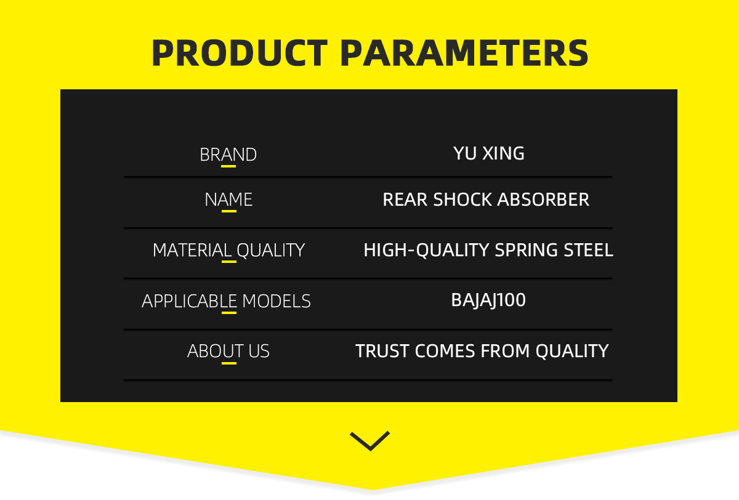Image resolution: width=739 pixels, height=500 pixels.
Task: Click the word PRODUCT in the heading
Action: [240, 53]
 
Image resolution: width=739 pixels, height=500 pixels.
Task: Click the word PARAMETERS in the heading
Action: [464, 53]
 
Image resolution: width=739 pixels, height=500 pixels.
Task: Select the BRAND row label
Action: [228, 155]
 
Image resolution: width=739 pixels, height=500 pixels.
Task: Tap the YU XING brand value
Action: [488, 153]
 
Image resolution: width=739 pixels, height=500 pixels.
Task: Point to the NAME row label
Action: [228, 200]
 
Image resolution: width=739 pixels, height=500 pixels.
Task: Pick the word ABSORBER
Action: [543, 200]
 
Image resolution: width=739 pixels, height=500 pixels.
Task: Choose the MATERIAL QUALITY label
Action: [228, 250]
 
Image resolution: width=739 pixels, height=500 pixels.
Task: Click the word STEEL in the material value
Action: [588, 249]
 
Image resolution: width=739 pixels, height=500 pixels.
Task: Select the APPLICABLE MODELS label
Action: [227, 301]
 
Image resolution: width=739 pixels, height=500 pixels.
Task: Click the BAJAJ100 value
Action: [488, 300]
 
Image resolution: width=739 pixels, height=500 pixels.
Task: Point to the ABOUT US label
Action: [228, 351]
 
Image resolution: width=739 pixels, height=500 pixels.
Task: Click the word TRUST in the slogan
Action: [382, 351]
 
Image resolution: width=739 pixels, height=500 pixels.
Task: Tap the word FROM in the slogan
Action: [505, 351]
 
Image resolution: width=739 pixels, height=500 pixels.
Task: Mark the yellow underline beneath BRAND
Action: [228, 166]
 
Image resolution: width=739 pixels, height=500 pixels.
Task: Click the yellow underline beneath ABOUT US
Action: [229, 363]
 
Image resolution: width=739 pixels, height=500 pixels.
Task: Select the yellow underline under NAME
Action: [229, 211]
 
